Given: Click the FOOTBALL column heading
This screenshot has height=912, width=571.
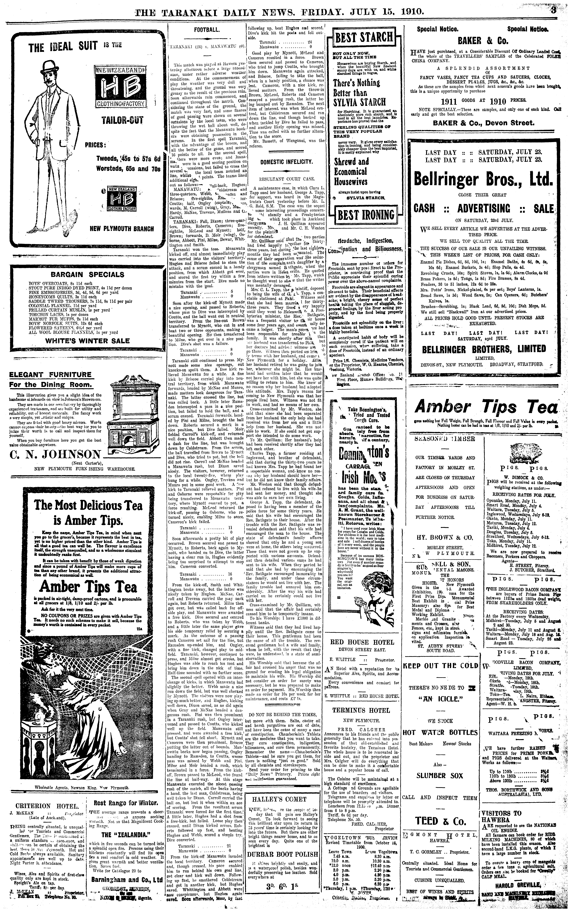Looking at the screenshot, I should pyautogui.click(x=206, y=30).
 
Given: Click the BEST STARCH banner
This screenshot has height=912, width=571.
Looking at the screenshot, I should pyautogui.click(x=364, y=37).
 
